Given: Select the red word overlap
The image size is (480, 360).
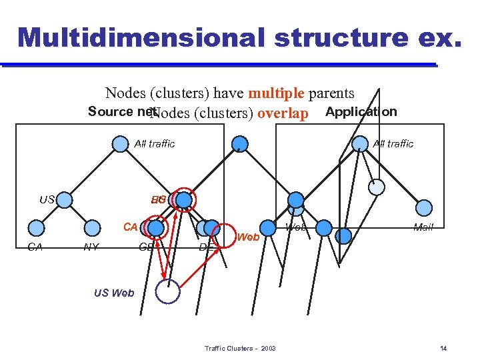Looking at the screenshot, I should (x=283, y=113).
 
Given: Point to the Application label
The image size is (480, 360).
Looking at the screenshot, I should (x=361, y=111).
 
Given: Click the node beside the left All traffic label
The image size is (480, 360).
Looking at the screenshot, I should (x=120, y=143).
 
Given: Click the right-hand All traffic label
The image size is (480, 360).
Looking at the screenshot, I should (x=393, y=143).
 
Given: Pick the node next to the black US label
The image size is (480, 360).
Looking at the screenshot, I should (x=65, y=199).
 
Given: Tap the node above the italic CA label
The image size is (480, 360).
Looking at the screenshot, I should (x=37, y=228).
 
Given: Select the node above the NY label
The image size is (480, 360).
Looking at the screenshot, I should (x=93, y=228).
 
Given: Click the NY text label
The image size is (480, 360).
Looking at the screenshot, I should (x=91, y=247).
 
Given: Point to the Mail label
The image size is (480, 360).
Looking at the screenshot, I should (x=423, y=227).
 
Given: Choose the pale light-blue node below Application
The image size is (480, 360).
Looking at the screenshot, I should (x=377, y=187).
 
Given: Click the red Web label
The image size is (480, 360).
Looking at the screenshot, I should (x=248, y=237).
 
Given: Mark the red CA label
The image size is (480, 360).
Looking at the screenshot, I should (x=130, y=227).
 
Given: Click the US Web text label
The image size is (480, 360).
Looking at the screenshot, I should (x=114, y=293).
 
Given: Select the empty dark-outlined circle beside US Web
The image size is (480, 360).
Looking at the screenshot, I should (x=168, y=291).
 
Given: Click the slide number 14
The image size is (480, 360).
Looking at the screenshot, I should (x=444, y=349).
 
